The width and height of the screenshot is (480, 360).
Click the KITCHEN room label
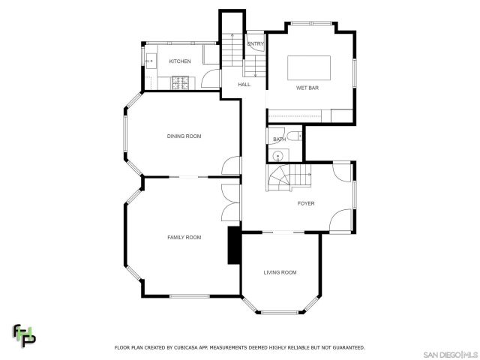tap(180, 61)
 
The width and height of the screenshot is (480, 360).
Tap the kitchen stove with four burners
tap(182, 81)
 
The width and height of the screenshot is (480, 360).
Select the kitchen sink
tap(150, 60)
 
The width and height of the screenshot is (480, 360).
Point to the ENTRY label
tap(255, 44)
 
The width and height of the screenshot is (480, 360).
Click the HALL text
tap(244, 85)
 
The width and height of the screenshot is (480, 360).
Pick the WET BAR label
tap(307, 88)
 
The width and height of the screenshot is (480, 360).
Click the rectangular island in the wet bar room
tap(309, 67)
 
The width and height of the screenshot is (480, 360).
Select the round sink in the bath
tap(278, 156)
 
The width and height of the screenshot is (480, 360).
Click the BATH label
tap(279, 139)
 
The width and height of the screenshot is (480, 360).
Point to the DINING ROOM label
tap(184, 136)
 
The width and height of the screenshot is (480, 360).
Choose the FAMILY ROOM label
tap(184, 237)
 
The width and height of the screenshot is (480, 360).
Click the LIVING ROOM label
tap(280, 272)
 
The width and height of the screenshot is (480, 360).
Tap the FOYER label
tap(306, 203)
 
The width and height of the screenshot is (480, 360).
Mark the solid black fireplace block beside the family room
tap(235, 245)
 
